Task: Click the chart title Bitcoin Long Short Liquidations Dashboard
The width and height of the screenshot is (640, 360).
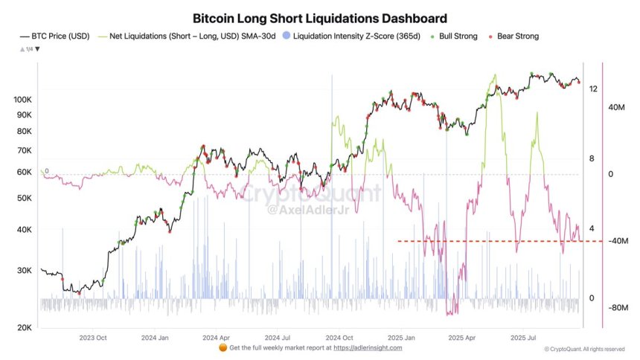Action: click(x=320, y=17)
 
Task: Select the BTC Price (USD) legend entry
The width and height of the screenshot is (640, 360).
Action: click(x=60, y=36)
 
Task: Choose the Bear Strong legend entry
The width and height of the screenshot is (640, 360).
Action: click(x=513, y=36)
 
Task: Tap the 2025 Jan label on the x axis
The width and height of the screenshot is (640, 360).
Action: click(x=399, y=337)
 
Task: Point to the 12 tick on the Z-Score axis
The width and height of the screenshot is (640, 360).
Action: click(x=592, y=89)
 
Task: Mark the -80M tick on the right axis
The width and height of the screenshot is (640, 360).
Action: click(x=620, y=307)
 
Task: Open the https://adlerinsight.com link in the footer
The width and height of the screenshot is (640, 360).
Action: click(x=368, y=348)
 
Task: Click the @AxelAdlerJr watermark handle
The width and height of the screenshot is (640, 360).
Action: click(x=307, y=210)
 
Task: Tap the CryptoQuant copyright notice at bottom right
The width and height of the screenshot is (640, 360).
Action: click(x=584, y=348)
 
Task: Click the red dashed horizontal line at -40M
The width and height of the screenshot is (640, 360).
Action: click(x=484, y=241)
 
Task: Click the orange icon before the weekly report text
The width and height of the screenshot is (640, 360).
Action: click(x=223, y=347)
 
